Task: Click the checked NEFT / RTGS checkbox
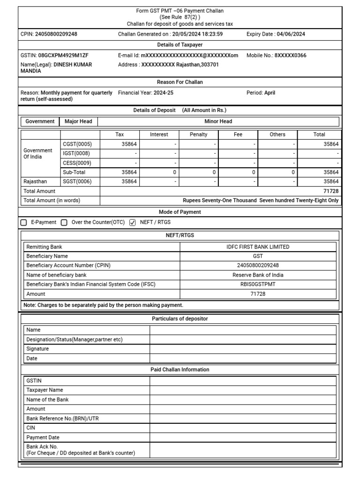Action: [132, 222]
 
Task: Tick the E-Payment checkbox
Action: [24, 222]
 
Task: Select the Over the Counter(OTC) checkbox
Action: [64, 222]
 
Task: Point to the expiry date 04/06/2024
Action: [292, 34]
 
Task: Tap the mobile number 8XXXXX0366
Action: [290, 55]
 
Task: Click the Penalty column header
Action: [198, 135]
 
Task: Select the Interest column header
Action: [159, 135]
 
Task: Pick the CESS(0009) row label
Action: [77, 163]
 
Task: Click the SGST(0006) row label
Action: [77, 181]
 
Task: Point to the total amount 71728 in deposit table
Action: [330, 191]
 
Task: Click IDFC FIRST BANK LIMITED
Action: [258, 247]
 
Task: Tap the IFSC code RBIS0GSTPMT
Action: [258, 285]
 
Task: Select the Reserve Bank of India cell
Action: [258, 275]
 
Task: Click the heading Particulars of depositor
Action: [180, 319]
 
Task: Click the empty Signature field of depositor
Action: [243, 349]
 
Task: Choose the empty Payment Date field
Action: [243, 438]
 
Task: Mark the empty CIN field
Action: [243, 428]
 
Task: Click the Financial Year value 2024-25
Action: [163, 93]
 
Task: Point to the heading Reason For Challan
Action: [180, 82]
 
